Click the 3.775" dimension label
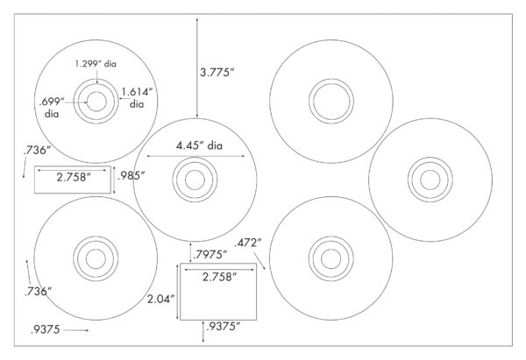click(217, 72)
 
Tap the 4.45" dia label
click(199, 145)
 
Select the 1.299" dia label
click(96, 64)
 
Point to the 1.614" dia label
click(137, 97)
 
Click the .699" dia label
click(52, 108)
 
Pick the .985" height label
click(131, 175)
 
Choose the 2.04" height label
click(161, 299)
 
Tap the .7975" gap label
click(210, 255)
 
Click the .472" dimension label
click(248, 243)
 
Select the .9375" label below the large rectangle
click(223, 327)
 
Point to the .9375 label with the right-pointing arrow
click(46, 329)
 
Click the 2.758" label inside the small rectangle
click(74, 177)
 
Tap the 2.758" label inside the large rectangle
click(219, 277)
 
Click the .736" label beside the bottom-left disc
click(38, 292)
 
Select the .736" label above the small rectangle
click(37, 150)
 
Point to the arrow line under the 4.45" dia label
click(196, 156)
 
